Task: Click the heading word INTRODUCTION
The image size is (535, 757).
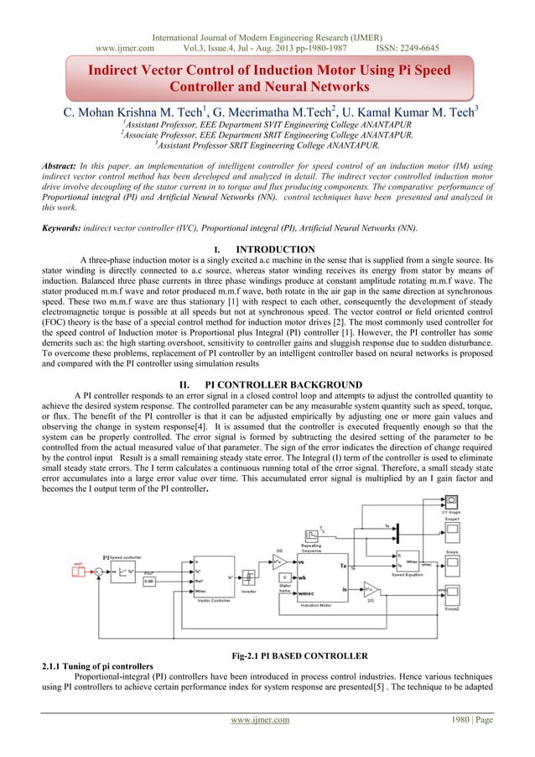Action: [276, 249]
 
